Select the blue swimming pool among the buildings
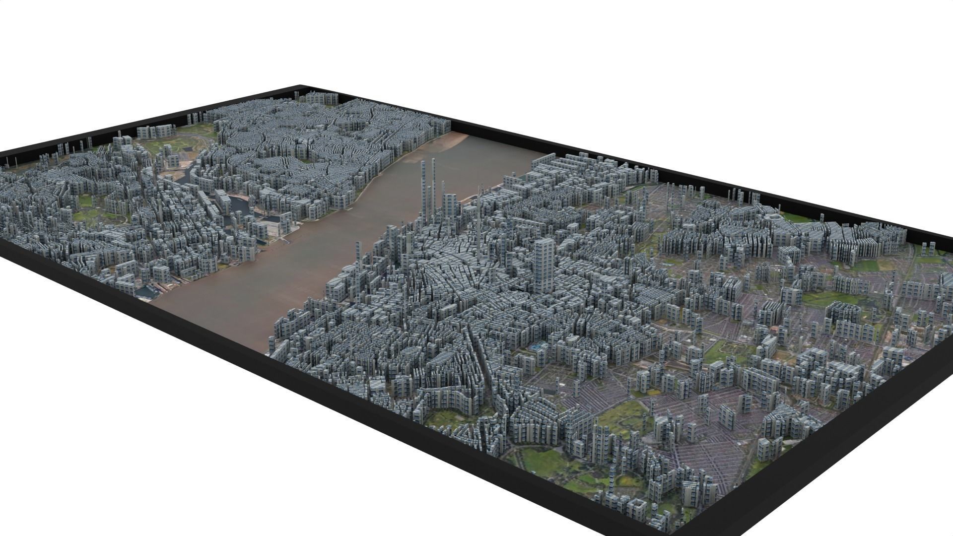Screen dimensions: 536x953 (x=537, y=347)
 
